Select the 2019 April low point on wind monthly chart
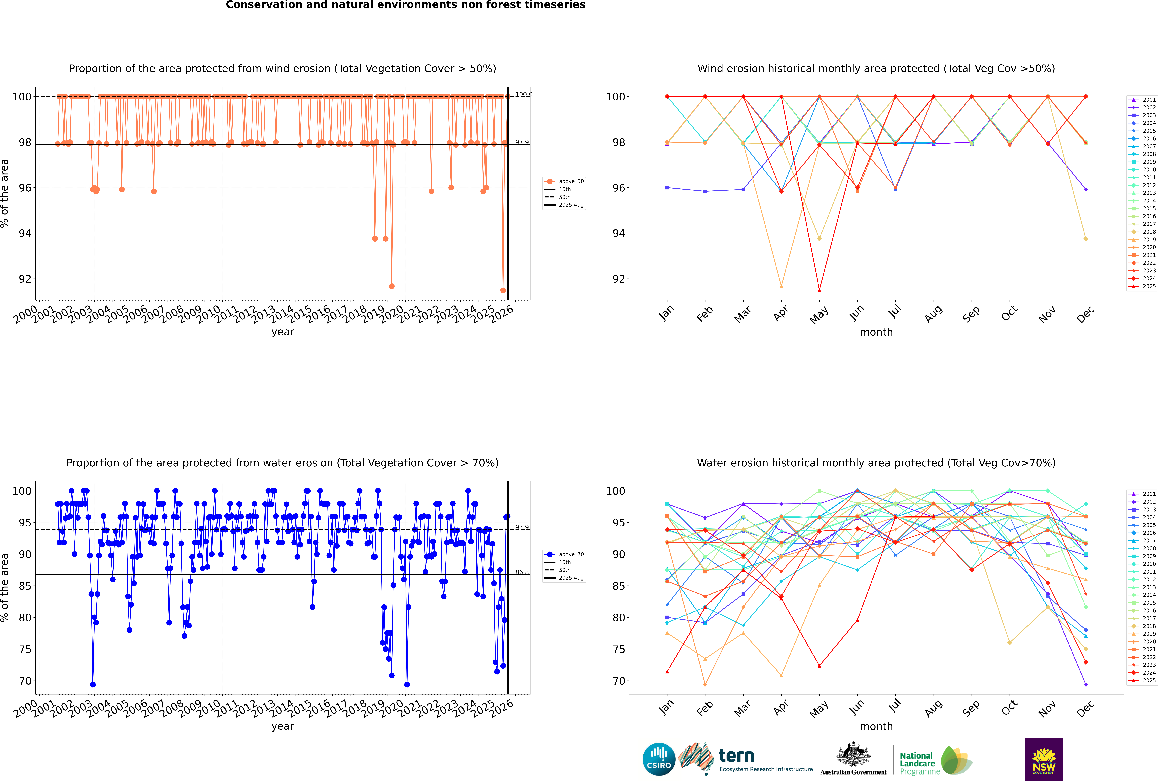pos(781,286)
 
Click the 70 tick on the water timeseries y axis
pos(25,681)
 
